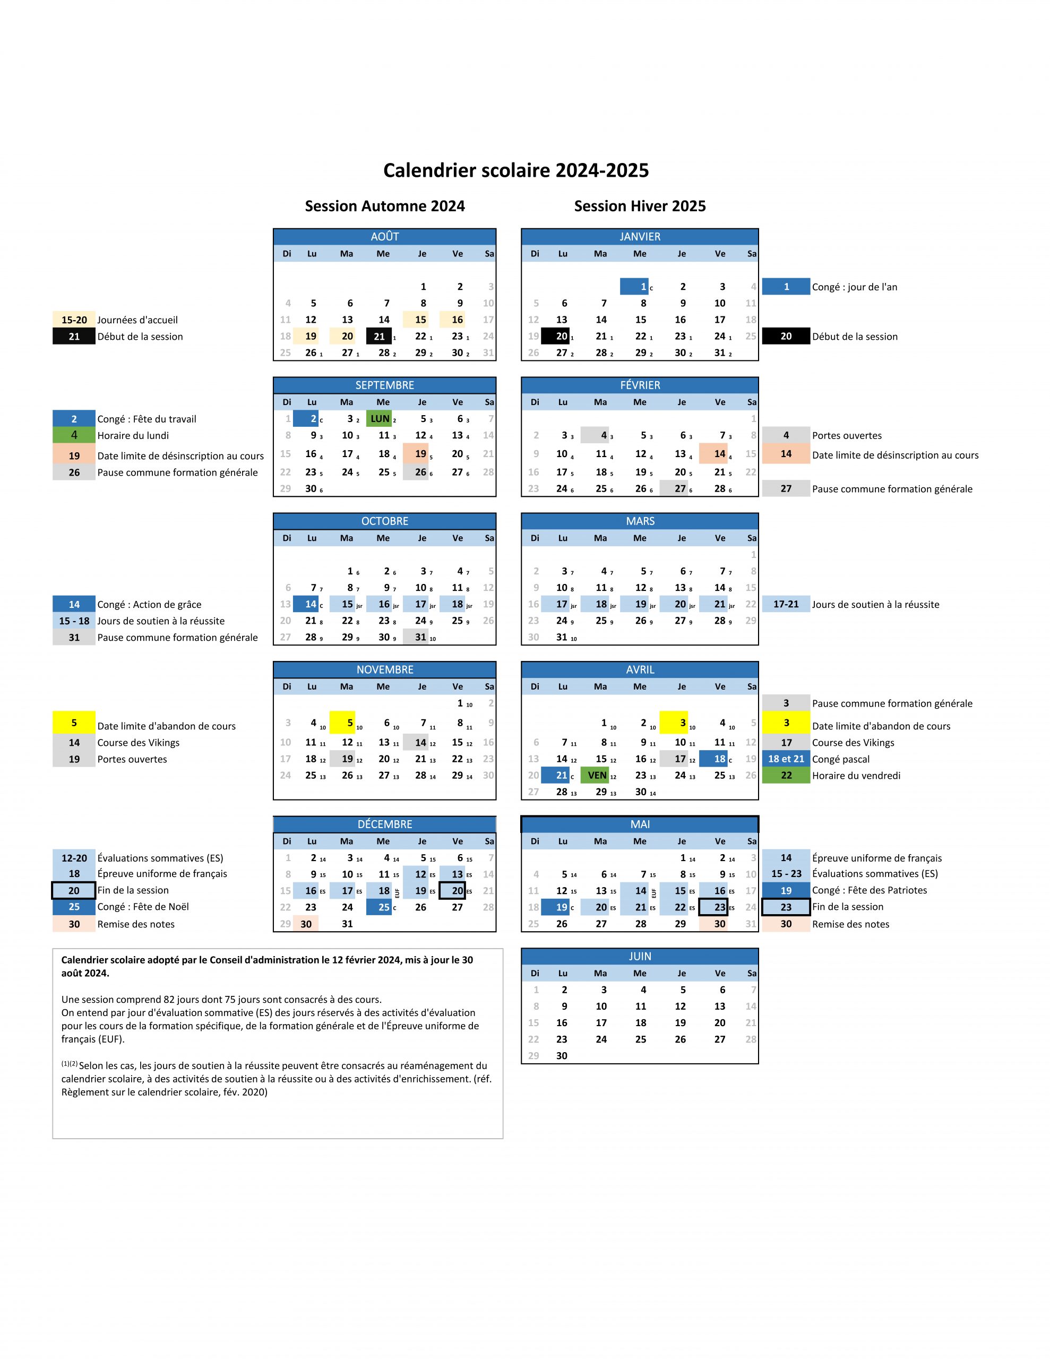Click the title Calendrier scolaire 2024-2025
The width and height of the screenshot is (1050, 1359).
[x=515, y=170]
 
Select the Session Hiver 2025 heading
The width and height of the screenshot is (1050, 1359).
[x=639, y=206]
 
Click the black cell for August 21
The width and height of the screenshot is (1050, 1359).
[x=379, y=337]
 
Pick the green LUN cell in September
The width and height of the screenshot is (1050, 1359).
[x=380, y=419]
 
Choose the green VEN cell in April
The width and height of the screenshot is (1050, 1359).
[x=596, y=776]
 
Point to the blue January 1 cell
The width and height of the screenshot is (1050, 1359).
[x=634, y=286]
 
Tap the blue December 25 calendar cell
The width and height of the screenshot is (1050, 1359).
[x=379, y=907]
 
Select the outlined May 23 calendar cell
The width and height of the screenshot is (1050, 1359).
[x=713, y=907]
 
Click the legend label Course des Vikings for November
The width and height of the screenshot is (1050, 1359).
[x=138, y=742]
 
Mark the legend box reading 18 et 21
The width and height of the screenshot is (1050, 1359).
[x=786, y=759]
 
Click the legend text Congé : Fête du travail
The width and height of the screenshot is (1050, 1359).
[x=147, y=419]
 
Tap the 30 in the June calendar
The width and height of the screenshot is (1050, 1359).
[x=562, y=1055]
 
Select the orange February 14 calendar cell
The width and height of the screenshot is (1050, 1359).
[x=713, y=454]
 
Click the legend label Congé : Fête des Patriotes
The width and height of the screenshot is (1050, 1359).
[x=869, y=890]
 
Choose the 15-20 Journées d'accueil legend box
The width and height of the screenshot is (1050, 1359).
[x=74, y=320]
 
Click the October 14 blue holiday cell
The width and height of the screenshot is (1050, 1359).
[x=306, y=604]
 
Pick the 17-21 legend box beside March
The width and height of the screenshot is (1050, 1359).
[x=786, y=604]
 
